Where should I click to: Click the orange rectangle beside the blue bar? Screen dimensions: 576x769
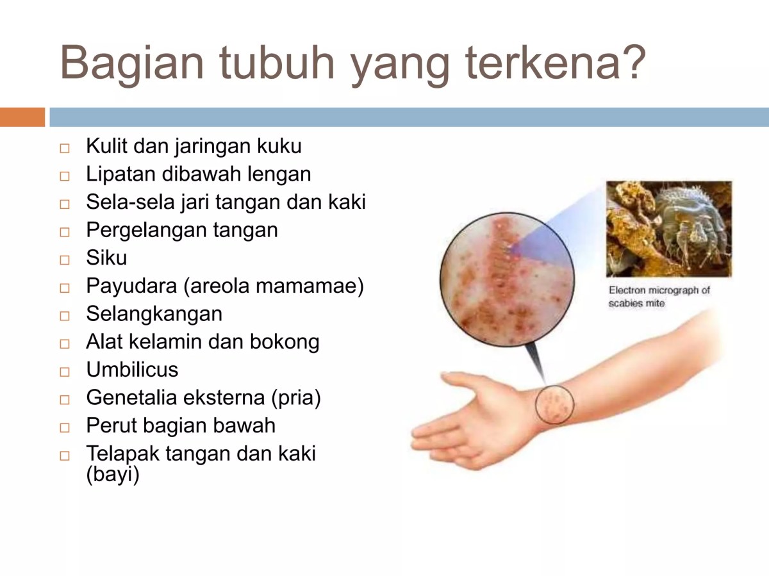click(22, 117)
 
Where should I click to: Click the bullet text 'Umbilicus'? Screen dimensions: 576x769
click(132, 370)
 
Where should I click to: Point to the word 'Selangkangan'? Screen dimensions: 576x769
click(154, 314)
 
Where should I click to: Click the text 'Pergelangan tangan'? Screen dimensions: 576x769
click(182, 229)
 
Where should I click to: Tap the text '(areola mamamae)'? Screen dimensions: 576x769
click(274, 286)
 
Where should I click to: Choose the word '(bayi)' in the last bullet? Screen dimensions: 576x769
click(112, 475)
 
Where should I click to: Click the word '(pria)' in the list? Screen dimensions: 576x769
click(295, 398)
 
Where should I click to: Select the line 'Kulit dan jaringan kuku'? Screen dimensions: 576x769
click(194, 146)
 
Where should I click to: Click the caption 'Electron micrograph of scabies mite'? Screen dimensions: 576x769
click(659, 297)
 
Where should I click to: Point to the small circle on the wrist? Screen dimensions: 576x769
click(554, 405)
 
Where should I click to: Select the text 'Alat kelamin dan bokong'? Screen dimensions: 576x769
click(203, 342)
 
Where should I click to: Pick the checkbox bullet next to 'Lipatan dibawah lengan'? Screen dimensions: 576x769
click(64, 176)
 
